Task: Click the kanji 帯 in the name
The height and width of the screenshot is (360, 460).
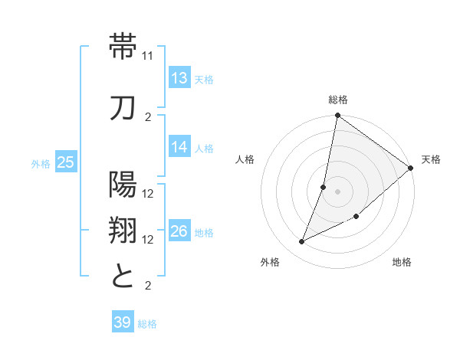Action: [x=123, y=47]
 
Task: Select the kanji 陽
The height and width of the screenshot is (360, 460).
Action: [x=123, y=184]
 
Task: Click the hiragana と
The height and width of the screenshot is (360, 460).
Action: [x=123, y=275]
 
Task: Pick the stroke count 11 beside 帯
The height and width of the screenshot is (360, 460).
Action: [x=149, y=57]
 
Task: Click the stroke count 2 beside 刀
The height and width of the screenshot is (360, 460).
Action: [x=149, y=116]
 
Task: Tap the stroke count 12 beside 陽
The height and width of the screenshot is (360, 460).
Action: [x=149, y=193]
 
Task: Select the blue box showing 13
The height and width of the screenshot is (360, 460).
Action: [x=179, y=77]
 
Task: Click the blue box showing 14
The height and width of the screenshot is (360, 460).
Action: [x=179, y=147]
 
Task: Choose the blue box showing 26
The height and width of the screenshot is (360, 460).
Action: [x=179, y=231]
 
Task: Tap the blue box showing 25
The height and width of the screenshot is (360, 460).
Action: [x=65, y=162]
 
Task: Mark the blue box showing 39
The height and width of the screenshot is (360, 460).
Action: [x=122, y=322]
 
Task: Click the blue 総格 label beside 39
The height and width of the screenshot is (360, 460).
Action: [x=147, y=324]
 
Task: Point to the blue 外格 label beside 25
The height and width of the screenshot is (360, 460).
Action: [x=41, y=163]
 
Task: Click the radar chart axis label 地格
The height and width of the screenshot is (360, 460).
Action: [x=402, y=263]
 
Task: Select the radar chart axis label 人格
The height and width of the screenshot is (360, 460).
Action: [x=245, y=159]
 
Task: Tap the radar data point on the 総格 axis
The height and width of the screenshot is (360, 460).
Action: [x=337, y=116]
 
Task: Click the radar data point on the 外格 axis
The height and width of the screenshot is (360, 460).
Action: [x=302, y=242]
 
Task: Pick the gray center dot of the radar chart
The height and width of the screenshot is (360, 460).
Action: [x=337, y=191]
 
